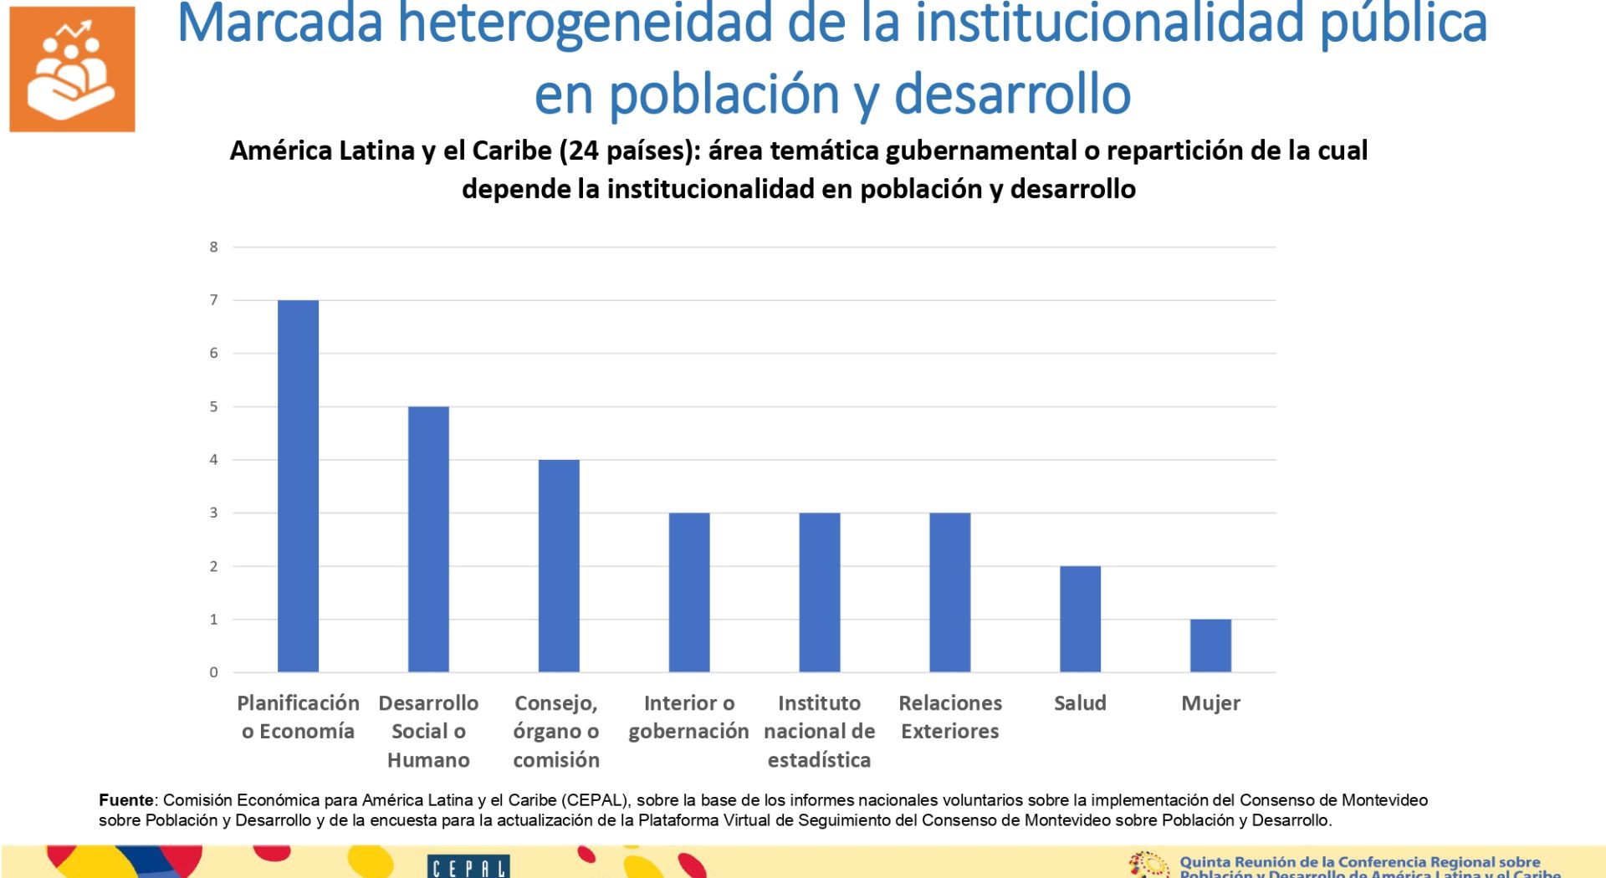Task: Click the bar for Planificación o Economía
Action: coord(298,486)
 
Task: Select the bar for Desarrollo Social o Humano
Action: coord(428,539)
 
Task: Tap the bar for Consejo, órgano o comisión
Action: coord(559,566)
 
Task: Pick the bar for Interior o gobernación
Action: coord(689,592)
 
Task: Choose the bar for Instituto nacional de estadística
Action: coord(820,592)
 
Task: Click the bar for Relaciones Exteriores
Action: coord(950,592)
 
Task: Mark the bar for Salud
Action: coord(1080,619)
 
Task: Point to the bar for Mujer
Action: coord(1210,646)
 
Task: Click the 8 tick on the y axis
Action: coord(214,247)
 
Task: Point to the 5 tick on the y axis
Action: coord(214,406)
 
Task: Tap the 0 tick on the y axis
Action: coord(214,672)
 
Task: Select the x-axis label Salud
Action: coord(1080,703)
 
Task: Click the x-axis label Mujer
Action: coord(1210,703)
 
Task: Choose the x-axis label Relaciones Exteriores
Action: coord(950,717)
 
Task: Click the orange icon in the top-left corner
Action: coord(72,69)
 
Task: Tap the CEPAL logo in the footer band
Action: coord(468,867)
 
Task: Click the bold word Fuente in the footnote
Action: coord(126,800)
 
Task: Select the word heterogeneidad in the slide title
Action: coord(584,23)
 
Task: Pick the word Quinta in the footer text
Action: coord(1204,862)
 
